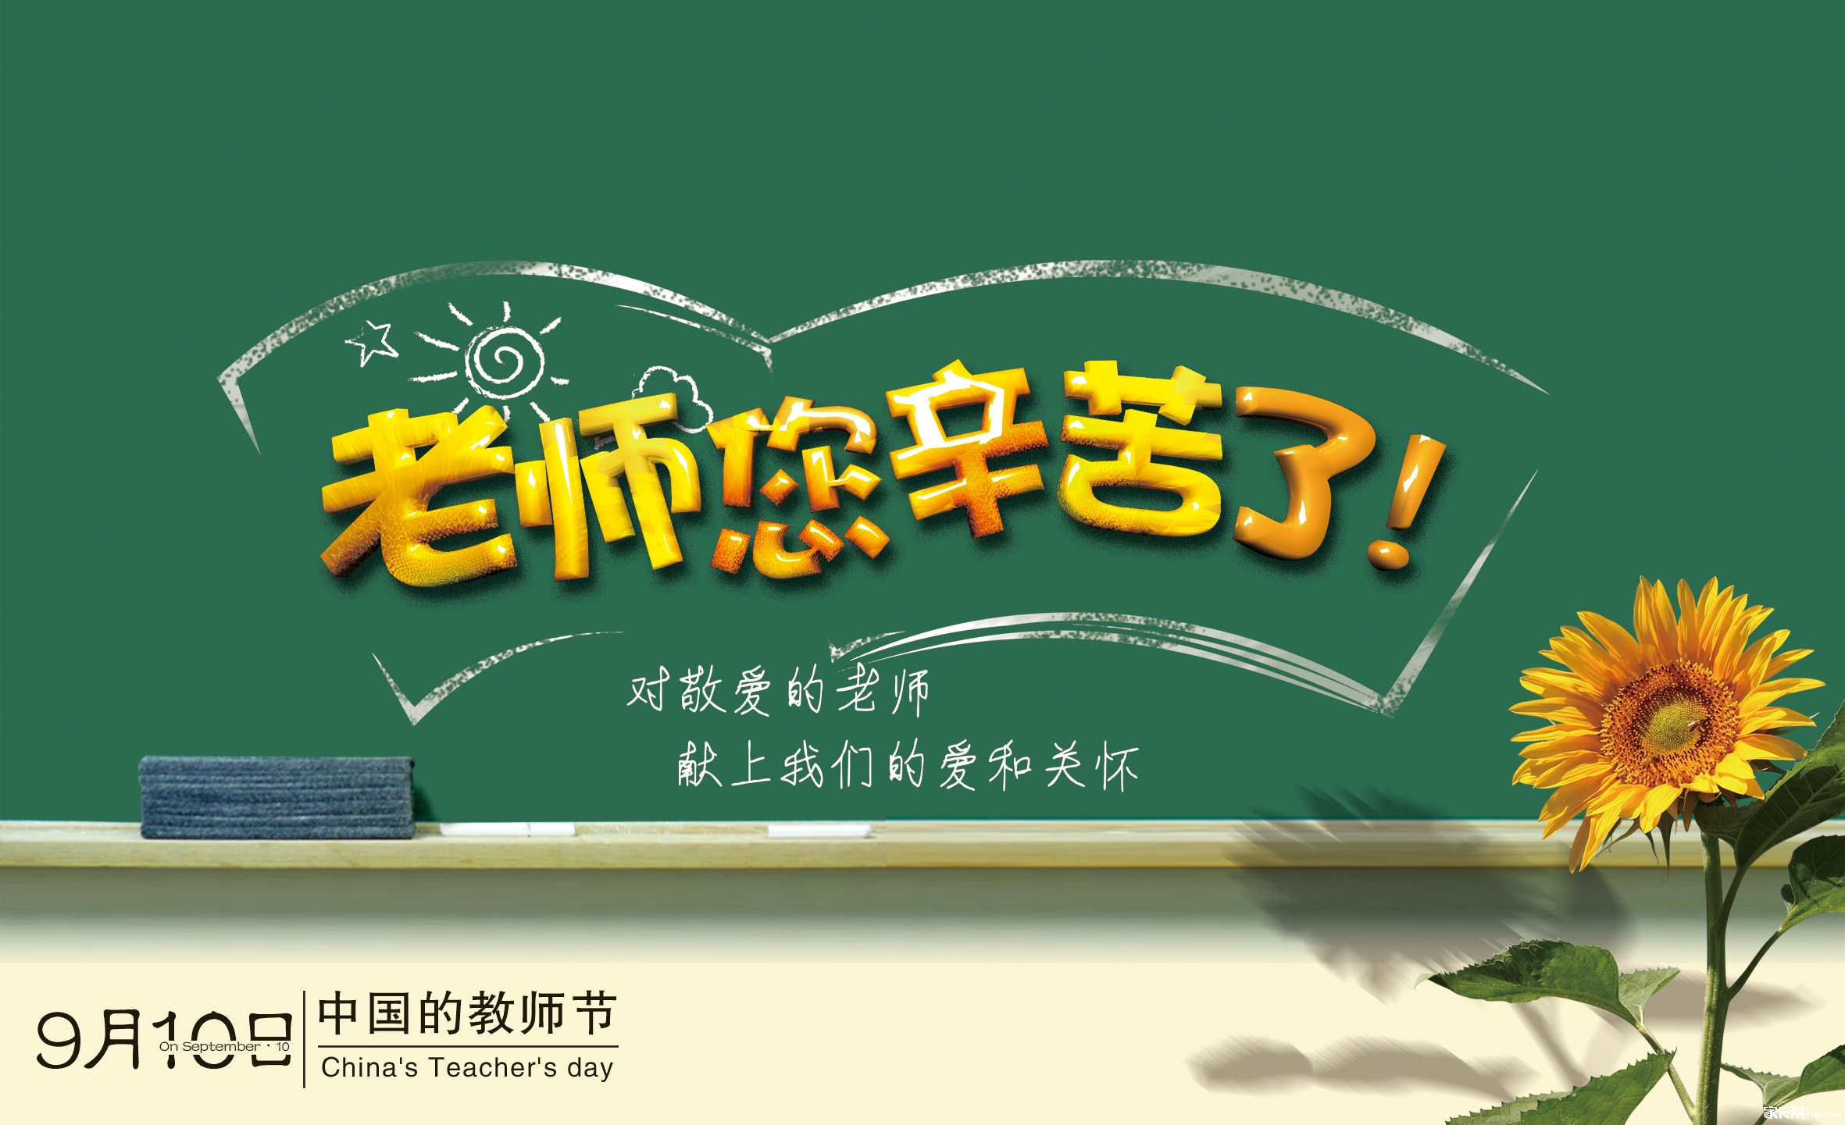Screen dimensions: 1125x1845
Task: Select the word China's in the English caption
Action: [x=369, y=1067]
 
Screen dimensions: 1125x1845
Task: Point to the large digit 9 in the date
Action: [x=61, y=1040]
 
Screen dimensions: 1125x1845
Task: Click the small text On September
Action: [x=210, y=1046]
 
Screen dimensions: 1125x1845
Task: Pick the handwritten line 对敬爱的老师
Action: [x=778, y=691]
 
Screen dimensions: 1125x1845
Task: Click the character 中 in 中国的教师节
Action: [x=339, y=1013]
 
